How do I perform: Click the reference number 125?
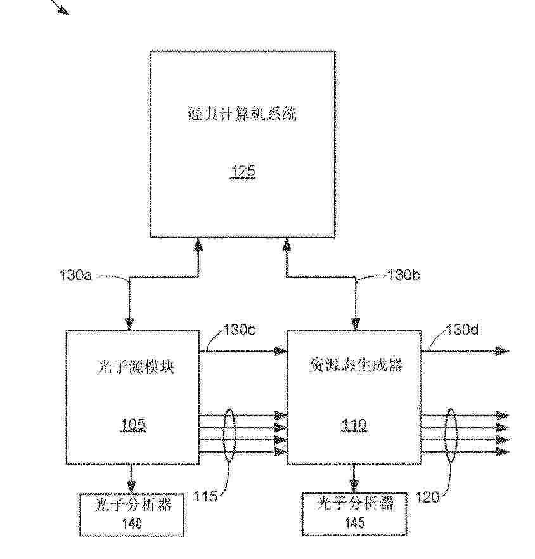tap(243, 171)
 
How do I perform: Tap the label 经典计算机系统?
tap(242, 114)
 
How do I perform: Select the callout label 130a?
tap(75, 275)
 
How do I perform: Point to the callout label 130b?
tap(404, 275)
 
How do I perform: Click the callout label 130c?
tap(240, 330)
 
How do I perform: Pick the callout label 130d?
tap(462, 330)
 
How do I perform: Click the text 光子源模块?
tap(135, 367)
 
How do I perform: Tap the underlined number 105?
tap(133, 425)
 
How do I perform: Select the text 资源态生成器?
tap(355, 365)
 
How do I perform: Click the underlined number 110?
tap(354, 425)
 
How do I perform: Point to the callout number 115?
tap(205, 496)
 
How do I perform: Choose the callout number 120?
tap(427, 497)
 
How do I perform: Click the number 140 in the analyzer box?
tap(132, 524)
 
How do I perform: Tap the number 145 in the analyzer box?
tap(354, 523)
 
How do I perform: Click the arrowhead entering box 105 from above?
tap(129, 324)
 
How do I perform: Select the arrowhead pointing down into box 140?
tap(132, 487)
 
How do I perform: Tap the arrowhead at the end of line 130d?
tap(502, 351)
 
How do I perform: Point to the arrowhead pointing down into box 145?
tap(354, 486)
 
